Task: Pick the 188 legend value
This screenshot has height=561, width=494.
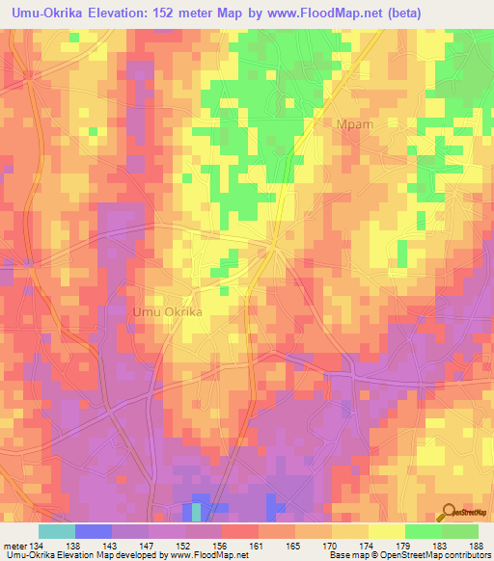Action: [479, 546]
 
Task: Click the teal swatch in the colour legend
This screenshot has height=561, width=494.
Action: [56, 531]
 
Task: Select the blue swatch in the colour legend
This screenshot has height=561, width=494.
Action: [93, 531]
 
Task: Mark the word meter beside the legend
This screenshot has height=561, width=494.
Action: [15, 546]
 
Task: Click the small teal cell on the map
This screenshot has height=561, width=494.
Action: [197, 512]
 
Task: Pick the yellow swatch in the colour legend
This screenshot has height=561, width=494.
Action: [386, 531]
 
